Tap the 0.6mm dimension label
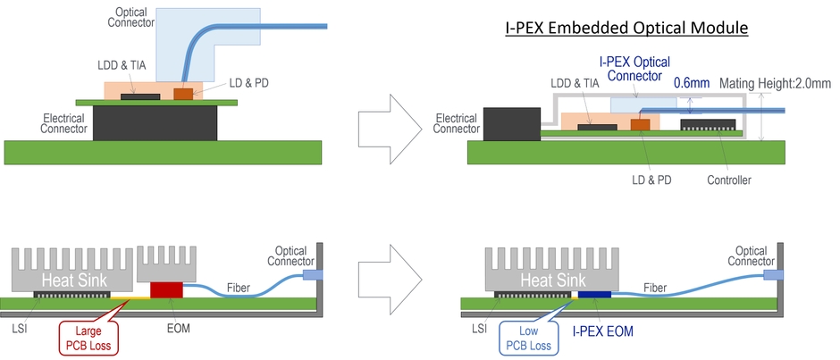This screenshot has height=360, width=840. [692, 83]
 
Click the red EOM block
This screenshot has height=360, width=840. [165, 289]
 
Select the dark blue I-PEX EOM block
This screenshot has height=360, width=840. [593, 294]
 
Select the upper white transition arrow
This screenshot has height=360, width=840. [386, 121]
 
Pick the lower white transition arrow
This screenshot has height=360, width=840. [386, 280]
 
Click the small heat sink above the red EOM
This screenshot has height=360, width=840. [167, 264]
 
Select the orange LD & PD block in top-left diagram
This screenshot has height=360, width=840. [183, 93]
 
